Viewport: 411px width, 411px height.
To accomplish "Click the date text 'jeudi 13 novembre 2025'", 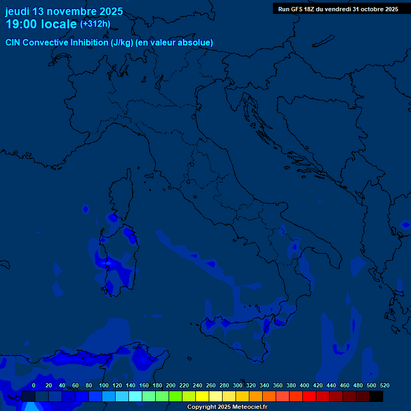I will pyautogui.click(x=64, y=11).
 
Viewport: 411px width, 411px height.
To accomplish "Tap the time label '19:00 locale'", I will pyautogui.click(x=41, y=24).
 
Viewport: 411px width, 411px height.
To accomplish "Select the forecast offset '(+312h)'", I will pyautogui.click(x=95, y=24).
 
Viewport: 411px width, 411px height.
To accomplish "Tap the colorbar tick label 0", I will pyautogui.click(x=34, y=385).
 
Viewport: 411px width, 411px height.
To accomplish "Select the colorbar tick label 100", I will pyautogui.click(x=104, y=385).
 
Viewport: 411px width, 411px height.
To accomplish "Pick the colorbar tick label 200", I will pyautogui.click(x=171, y=385).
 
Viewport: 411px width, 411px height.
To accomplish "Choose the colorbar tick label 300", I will pyautogui.click(x=238, y=385).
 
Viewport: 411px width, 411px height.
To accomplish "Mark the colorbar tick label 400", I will pyautogui.click(x=305, y=385).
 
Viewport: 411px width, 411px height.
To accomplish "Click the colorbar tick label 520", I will pyautogui.click(x=384, y=385).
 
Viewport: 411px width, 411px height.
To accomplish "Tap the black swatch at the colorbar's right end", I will pyautogui.click(x=376, y=397).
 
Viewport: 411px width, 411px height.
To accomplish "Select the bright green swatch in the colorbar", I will pyautogui.click(x=176, y=397).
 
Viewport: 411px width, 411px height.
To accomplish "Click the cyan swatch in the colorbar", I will pyautogui.click(x=135, y=397).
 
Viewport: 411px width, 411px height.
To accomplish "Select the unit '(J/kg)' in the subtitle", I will pyautogui.click(x=123, y=43).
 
